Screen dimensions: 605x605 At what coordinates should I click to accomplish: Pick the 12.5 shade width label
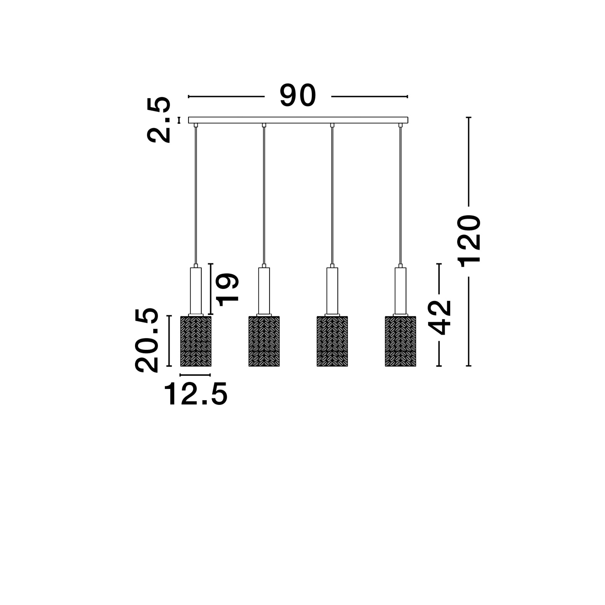click(x=196, y=394)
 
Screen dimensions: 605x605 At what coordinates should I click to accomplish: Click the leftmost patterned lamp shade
click(x=196, y=341)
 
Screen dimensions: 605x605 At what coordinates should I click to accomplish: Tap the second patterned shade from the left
click(x=264, y=341)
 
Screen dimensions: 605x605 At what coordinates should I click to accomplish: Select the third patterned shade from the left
click(x=332, y=341)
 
